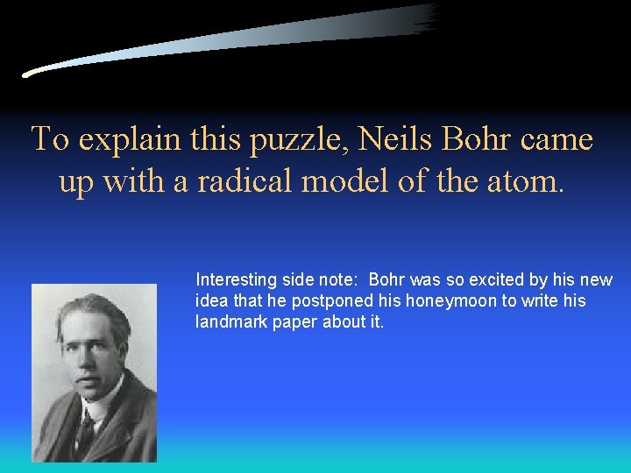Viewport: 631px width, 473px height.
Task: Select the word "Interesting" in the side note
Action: (237, 280)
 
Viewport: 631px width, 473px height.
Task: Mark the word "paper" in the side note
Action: (288, 322)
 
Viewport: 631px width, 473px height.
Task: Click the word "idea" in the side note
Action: (209, 301)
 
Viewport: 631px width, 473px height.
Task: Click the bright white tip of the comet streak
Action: (28, 74)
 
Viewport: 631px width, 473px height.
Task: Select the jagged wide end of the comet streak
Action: (426, 18)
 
